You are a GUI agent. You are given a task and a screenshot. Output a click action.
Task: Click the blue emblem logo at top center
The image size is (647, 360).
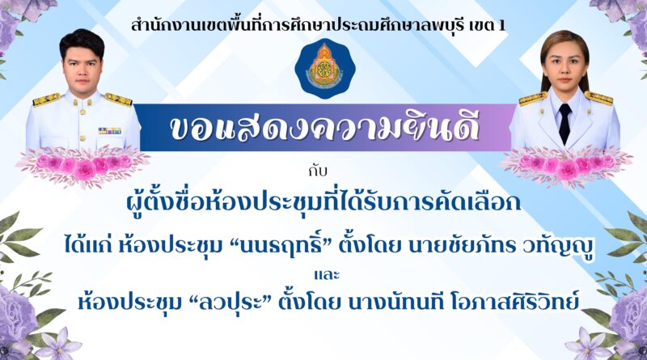[324, 68]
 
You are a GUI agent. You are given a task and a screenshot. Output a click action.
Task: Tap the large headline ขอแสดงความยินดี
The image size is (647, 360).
[324, 128]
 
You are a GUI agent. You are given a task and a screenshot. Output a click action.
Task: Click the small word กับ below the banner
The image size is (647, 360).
[317, 171]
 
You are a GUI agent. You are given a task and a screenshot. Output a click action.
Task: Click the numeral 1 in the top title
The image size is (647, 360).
[501, 27]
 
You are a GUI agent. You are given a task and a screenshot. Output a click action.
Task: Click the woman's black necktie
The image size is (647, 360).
[564, 123]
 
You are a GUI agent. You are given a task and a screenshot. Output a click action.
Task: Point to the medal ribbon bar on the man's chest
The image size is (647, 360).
[110, 131]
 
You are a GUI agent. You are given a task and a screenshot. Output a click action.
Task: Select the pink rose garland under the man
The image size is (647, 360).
[83, 165]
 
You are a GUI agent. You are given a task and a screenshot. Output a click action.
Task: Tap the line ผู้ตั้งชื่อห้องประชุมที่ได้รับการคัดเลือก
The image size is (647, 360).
[324, 202]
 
